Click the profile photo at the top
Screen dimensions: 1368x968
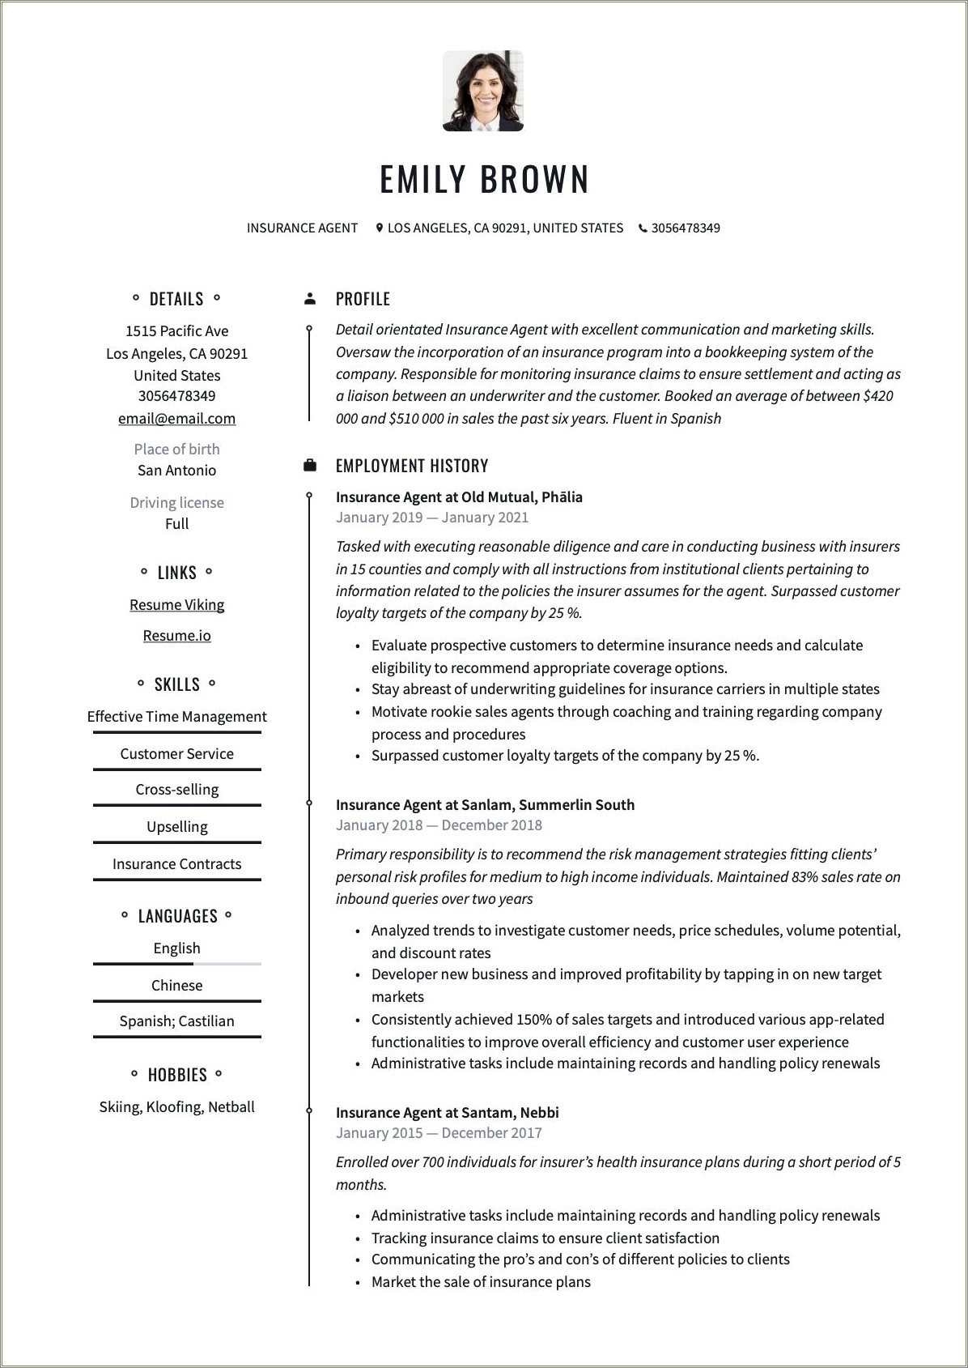[x=483, y=91]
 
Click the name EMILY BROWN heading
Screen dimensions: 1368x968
[x=484, y=179]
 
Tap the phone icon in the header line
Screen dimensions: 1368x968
[x=643, y=228]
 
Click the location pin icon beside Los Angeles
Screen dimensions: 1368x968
[x=379, y=228]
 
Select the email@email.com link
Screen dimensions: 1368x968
[x=176, y=419]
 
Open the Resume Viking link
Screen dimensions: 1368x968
[x=176, y=605]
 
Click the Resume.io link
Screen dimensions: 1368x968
[x=176, y=636]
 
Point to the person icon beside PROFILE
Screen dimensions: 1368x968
[x=310, y=299]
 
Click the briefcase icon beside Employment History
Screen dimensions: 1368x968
[x=310, y=466]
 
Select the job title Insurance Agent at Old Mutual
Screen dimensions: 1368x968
[x=459, y=497]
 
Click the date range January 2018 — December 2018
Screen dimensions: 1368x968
[x=439, y=825]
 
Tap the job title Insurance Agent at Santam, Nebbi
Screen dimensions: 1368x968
[x=447, y=1113]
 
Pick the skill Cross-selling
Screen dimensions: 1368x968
[x=176, y=790]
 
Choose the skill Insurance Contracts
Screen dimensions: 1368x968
[x=176, y=864]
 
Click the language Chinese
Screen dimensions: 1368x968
[x=176, y=986]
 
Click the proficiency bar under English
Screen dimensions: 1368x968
[x=176, y=964]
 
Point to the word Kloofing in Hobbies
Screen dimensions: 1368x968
[x=173, y=1107]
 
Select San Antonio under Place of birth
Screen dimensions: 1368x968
[x=176, y=471]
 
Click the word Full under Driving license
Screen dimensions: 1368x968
[x=176, y=524]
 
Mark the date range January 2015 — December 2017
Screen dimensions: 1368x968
[x=439, y=1133]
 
